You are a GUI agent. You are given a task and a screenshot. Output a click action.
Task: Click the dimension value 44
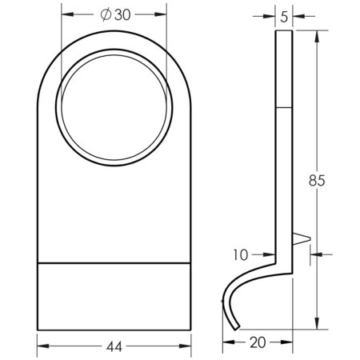pos(115,346)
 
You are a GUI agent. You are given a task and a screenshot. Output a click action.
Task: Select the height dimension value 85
pos(316,181)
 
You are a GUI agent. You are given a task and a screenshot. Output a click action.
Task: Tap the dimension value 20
pos(256,342)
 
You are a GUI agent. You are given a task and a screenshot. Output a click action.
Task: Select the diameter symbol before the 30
pos(105,14)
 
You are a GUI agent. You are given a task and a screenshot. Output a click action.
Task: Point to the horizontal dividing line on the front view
pos(115,262)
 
